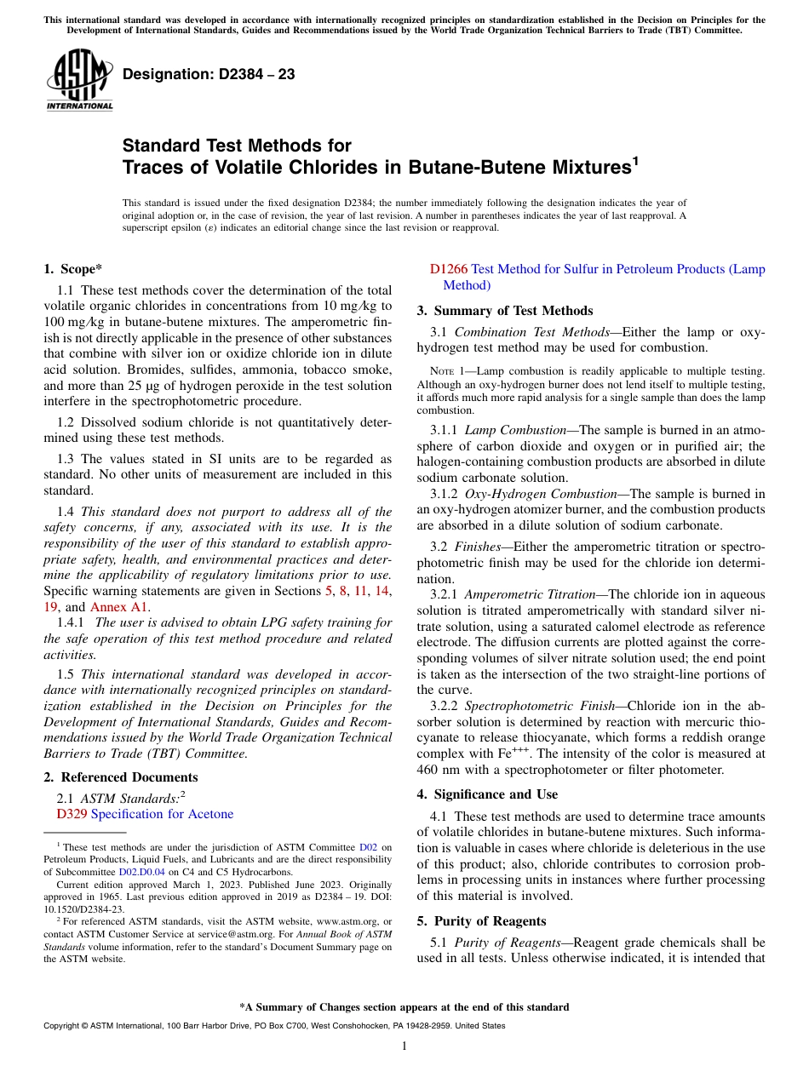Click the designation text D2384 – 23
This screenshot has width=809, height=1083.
[209, 74]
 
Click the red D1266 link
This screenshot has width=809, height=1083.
[448, 269]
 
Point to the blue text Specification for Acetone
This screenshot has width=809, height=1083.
[162, 814]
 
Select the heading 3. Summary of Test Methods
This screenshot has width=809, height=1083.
[504, 311]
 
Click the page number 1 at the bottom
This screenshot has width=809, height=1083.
[404, 1046]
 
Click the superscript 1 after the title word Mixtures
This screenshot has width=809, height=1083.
[634, 159]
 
